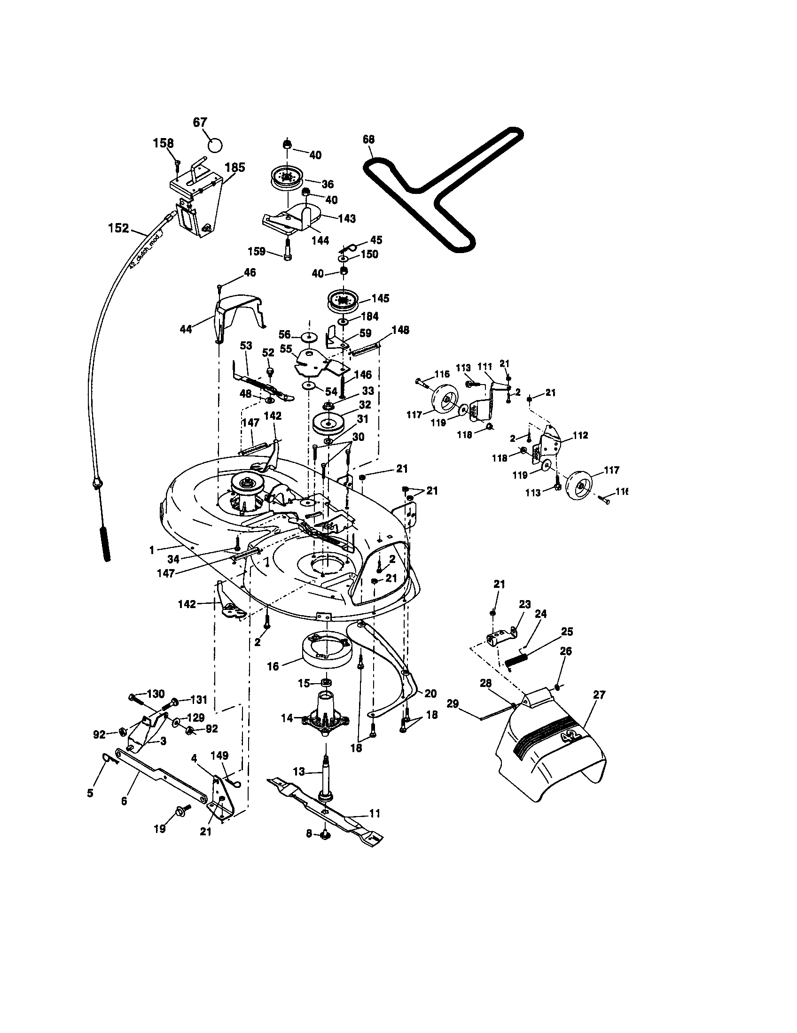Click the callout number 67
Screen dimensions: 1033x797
click(x=200, y=122)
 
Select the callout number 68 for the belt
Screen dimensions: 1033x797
click(x=369, y=139)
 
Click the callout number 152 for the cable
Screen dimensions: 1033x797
click(x=118, y=228)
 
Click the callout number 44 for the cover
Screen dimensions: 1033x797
click(x=186, y=329)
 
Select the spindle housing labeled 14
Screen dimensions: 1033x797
click(x=326, y=718)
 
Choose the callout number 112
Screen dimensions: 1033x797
click(x=580, y=435)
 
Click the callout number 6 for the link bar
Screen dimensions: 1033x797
click(x=124, y=801)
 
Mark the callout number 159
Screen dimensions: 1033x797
click(x=257, y=251)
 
